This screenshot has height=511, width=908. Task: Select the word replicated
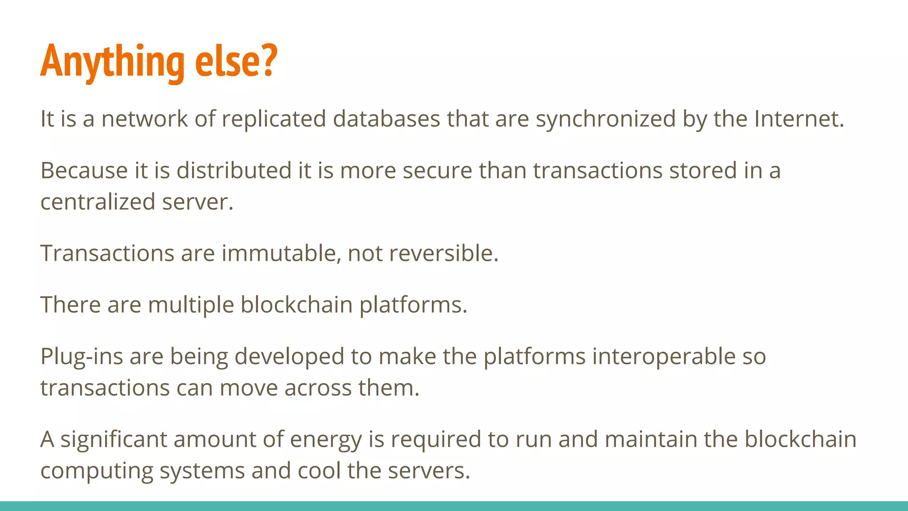point(274,119)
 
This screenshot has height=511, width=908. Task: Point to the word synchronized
point(606,119)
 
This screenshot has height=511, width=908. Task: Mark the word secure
point(437,171)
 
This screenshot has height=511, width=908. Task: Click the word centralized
point(98,202)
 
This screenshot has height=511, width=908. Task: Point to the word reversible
point(443,253)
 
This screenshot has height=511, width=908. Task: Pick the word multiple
point(191,305)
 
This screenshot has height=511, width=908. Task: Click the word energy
point(326,440)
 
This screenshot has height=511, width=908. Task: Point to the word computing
point(97,471)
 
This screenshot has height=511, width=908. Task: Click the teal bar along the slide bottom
point(454,506)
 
